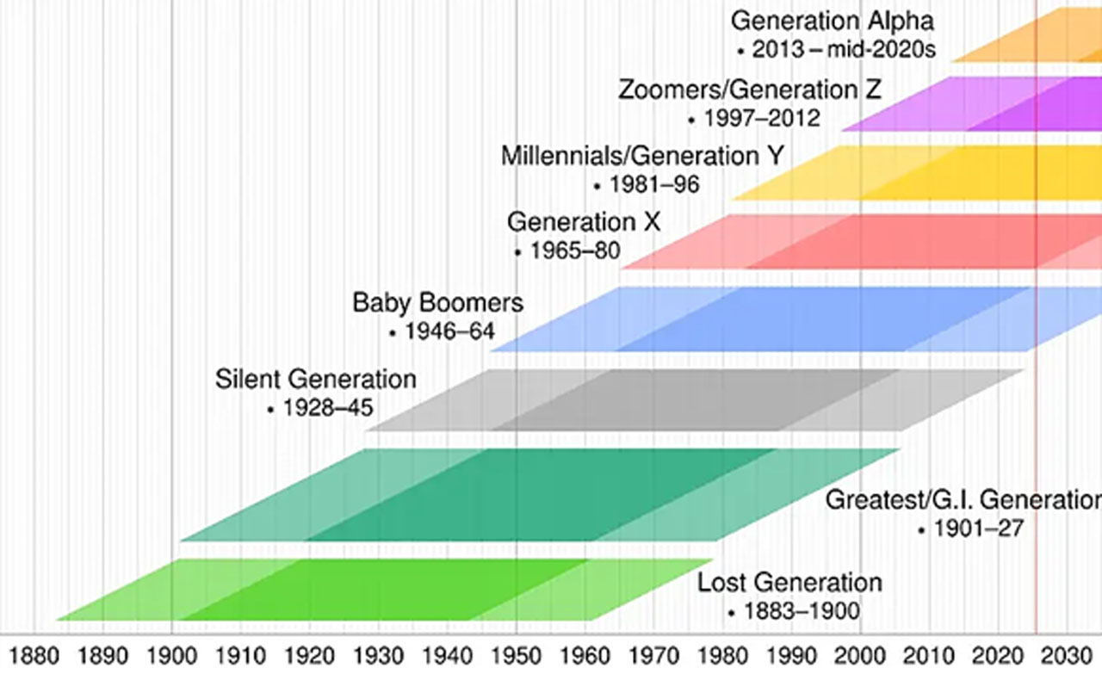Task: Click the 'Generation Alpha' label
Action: click(x=832, y=21)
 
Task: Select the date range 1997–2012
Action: click(x=762, y=118)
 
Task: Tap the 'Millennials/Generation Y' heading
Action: click(x=642, y=157)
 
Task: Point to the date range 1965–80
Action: click(x=575, y=252)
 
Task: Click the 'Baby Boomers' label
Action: click(x=437, y=303)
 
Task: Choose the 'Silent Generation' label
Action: click(x=315, y=379)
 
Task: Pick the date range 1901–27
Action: click(x=980, y=529)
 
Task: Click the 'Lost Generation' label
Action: click(x=789, y=583)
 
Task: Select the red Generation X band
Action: click(x=861, y=242)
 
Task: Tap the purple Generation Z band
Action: click(x=990, y=103)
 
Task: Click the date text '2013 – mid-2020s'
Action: click(x=843, y=49)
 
